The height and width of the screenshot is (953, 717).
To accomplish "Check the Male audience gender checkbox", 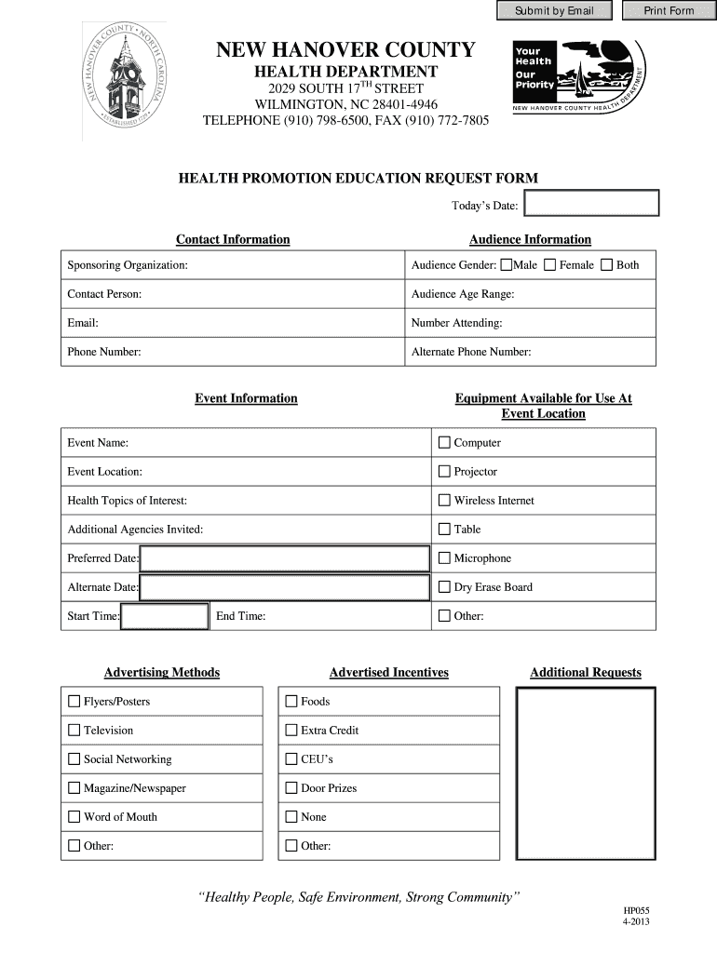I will pyautogui.click(x=506, y=265).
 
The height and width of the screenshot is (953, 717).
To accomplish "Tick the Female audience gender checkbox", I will pyautogui.click(x=550, y=265).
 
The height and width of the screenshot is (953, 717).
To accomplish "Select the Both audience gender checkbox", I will pyautogui.click(x=607, y=265).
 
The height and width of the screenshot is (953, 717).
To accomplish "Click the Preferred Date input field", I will pyautogui.click(x=284, y=558).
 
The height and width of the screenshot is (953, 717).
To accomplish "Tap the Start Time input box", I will pyautogui.click(x=165, y=616).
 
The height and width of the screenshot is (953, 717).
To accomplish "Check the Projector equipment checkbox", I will pyautogui.click(x=444, y=472).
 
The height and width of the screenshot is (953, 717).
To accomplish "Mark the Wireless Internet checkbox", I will pyautogui.click(x=444, y=501).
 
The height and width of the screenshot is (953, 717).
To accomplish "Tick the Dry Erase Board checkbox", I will pyautogui.click(x=444, y=587).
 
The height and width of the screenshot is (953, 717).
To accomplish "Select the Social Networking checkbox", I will pyautogui.click(x=74, y=759).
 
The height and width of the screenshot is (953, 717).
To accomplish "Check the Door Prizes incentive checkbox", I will pyautogui.click(x=291, y=788).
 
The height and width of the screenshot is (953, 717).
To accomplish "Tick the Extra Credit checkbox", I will pyautogui.click(x=291, y=731).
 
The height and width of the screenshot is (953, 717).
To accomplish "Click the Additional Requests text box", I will pyautogui.click(x=586, y=773).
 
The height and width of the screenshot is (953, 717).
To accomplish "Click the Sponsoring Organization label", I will pyautogui.click(x=128, y=266).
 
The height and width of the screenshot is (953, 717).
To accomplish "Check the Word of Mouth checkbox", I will pyautogui.click(x=74, y=817).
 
